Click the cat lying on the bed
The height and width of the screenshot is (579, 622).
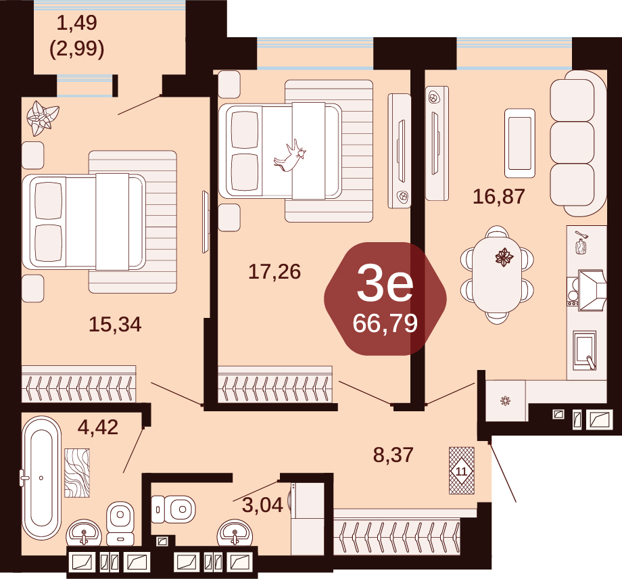(290, 156)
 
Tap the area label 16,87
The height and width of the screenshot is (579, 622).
(499, 196)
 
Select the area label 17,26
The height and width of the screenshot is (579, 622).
(274, 272)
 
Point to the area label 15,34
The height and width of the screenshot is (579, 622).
(115, 324)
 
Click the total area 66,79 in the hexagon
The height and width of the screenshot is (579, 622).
(385, 323)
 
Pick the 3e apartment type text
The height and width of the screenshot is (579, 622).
(385, 283)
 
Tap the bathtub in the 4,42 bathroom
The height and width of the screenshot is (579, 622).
(41, 478)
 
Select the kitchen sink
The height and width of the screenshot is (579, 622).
(585, 350)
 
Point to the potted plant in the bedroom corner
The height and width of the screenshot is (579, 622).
(42, 118)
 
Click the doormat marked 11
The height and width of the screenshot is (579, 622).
(461, 471)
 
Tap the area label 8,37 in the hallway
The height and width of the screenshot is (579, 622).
(393, 455)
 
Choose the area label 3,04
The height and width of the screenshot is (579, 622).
(262, 505)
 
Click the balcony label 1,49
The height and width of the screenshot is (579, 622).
(77, 22)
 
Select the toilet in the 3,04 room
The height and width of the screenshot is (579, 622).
(173, 509)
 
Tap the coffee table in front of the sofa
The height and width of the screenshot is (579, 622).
(519, 143)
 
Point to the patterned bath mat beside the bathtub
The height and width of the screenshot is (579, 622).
(77, 473)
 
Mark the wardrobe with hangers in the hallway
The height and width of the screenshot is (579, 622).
(397, 532)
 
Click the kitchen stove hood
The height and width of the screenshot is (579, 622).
(592, 290)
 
